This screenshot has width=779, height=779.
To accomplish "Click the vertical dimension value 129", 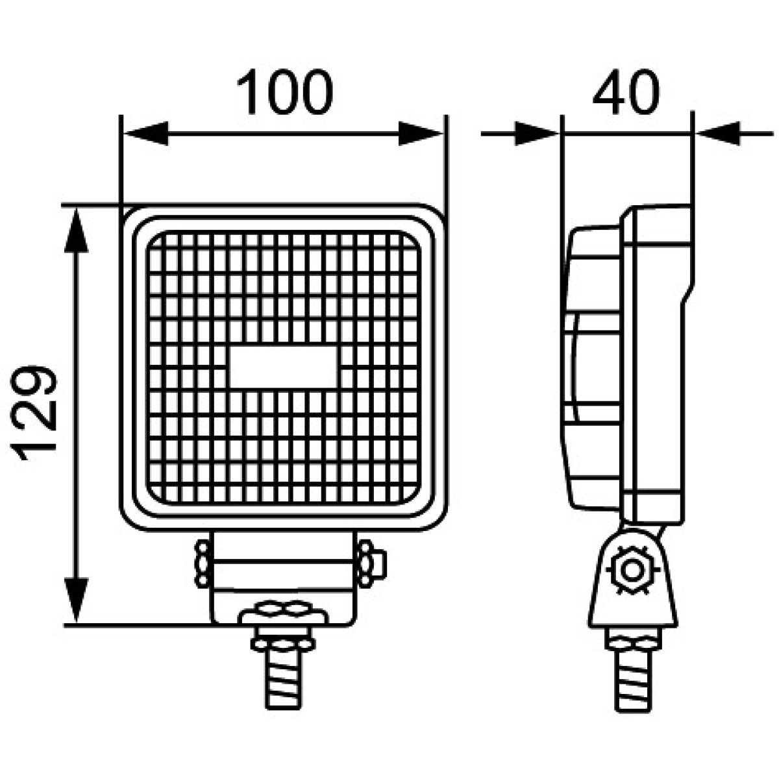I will click(x=36, y=414).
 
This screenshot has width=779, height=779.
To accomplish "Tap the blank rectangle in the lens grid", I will click(x=284, y=367).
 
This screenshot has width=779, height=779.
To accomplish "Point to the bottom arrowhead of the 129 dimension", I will click(x=77, y=600).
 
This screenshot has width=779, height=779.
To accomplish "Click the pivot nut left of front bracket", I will click(x=201, y=562).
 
